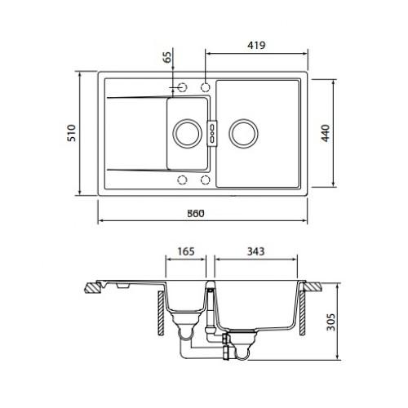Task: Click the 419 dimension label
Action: click(256, 45)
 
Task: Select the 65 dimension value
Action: click(168, 57)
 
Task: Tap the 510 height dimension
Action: click(72, 133)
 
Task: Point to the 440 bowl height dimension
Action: click(326, 133)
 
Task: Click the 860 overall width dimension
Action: click(196, 214)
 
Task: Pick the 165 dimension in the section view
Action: click(186, 251)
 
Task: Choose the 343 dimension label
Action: click(255, 251)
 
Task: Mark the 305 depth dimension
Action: click(330, 322)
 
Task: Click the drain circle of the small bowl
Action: click(187, 134)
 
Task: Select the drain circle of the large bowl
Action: click(243, 134)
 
